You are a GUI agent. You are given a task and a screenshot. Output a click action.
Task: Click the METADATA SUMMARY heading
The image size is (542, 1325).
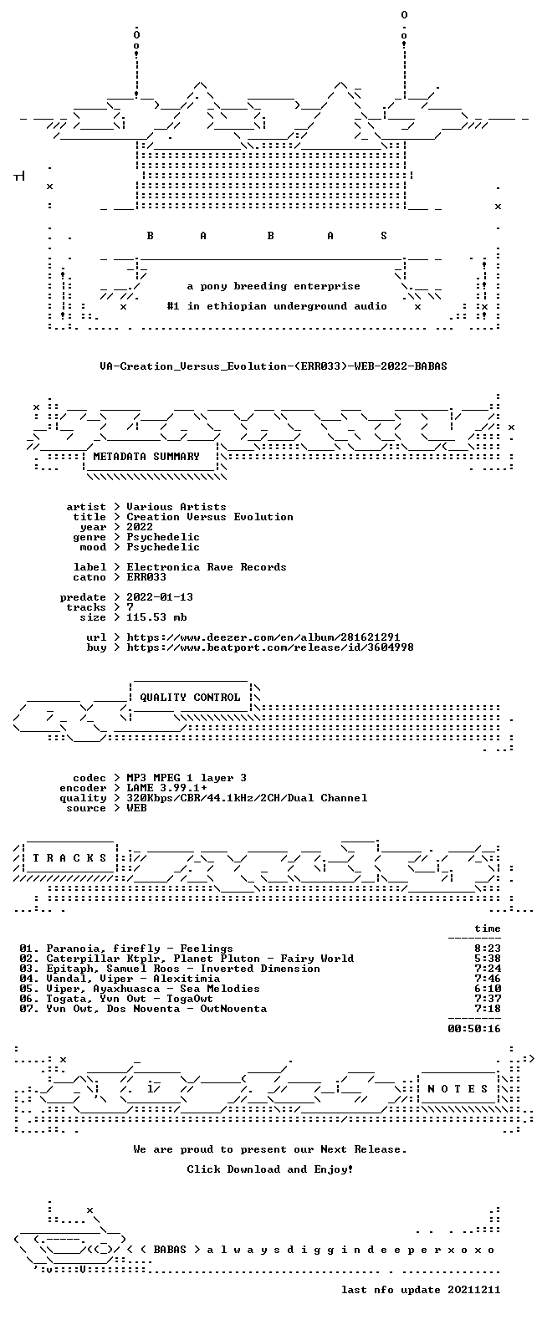(x=146, y=457)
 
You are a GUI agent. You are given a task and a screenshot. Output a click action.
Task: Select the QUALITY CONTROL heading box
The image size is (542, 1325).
(x=190, y=698)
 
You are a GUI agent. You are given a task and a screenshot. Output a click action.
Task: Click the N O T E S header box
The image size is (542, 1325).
(x=458, y=1089)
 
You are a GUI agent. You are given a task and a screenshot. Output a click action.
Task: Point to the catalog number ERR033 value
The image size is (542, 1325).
(x=146, y=576)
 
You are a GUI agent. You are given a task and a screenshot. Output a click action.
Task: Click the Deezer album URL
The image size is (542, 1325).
(x=263, y=637)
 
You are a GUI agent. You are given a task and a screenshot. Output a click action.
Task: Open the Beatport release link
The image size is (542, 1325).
(x=270, y=647)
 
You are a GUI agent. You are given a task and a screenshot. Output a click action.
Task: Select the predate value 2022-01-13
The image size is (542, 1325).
(x=160, y=597)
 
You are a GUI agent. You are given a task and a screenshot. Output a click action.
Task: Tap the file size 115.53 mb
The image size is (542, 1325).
(x=156, y=617)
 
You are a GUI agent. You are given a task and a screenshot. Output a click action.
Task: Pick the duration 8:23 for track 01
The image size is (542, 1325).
(x=488, y=949)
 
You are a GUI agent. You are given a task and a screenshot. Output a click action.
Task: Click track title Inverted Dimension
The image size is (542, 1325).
(x=260, y=969)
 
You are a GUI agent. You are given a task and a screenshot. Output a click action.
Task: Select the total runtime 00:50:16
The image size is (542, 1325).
(x=474, y=1029)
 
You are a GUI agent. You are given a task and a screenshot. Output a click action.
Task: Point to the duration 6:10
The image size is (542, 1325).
(x=488, y=989)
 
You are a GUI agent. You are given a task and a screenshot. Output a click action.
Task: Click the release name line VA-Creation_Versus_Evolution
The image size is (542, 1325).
(x=273, y=366)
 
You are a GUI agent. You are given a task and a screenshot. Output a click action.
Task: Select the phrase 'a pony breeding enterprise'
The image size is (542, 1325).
(x=274, y=286)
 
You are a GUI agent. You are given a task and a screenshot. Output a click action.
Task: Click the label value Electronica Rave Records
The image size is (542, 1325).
(x=207, y=566)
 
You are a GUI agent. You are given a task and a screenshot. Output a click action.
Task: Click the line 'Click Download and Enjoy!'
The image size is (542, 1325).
(x=270, y=1169)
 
